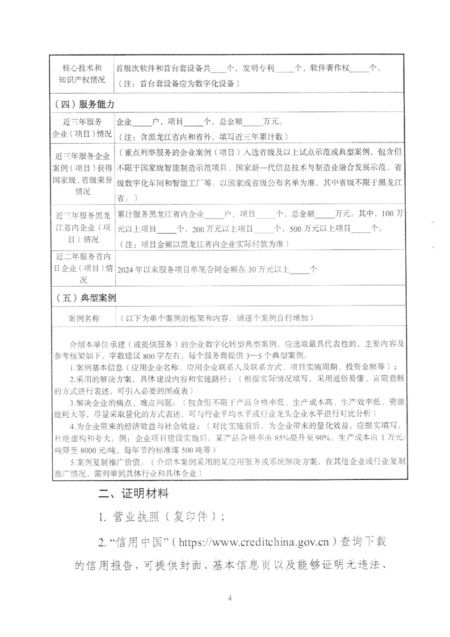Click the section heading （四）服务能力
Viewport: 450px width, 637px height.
[x=86, y=105]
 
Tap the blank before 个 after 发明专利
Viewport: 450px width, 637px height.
[x=290, y=69]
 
